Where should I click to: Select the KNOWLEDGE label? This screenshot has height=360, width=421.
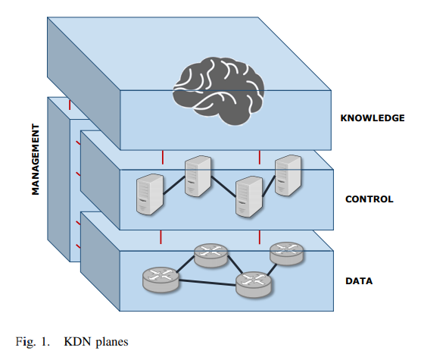pos(373,117)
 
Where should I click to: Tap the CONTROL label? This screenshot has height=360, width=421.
pos(369,199)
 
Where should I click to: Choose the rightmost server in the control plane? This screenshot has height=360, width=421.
pos(288,177)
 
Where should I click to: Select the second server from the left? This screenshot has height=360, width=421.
pos(197,176)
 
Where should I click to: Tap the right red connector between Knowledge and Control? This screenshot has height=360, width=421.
pos(260,157)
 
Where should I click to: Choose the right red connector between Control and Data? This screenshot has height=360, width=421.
pos(260,238)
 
